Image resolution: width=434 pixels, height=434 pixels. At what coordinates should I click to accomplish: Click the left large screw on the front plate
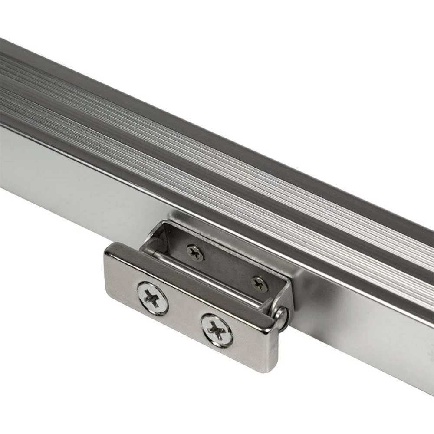point(152,298)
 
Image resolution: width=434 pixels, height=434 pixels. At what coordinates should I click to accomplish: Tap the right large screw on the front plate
point(217,330)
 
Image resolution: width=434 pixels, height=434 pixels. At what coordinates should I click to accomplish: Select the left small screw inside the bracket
point(195,253)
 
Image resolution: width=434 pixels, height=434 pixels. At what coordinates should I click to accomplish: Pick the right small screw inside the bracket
point(260,284)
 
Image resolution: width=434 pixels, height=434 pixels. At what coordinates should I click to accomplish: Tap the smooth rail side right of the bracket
point(369,339)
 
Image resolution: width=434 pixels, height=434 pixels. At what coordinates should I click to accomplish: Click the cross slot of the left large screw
point(152,298)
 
